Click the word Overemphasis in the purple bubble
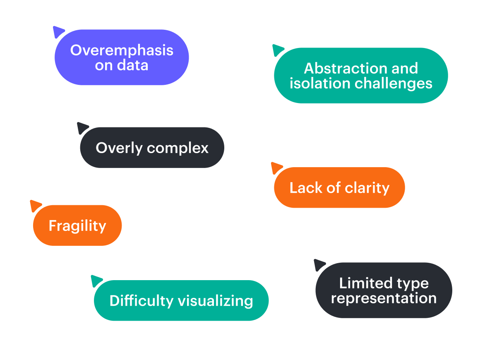[x=122, y=50]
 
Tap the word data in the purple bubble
[x=133, y=65]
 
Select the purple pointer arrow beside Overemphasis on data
[x=58, y=32]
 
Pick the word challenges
[x=394, y=83]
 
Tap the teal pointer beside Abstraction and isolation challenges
[x=278, y=50]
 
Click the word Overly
[x=119, y=148]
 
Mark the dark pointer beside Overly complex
[x=82, y=128]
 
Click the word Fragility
[x=77, y=226]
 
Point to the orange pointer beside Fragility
[x=35, y=206]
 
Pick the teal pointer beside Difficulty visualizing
[x=96, y=281]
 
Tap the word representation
[x=384, y=298]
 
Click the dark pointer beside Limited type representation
[x=319, y=264]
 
